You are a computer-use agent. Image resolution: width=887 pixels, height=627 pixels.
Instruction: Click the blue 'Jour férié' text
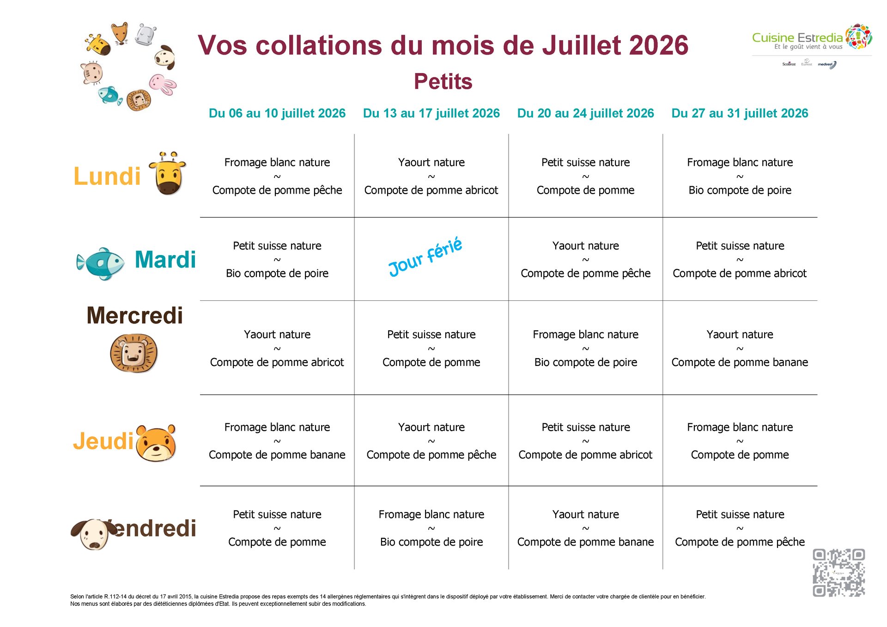[425, 257]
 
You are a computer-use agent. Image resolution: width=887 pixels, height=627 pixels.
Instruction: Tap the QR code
[838, 573]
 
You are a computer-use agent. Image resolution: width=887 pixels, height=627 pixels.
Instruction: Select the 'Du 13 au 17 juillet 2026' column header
[431, 113]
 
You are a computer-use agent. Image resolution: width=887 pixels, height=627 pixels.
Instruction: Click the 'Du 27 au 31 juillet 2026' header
[740, 113]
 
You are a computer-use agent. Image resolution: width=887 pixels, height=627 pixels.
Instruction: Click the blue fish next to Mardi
[101, 263]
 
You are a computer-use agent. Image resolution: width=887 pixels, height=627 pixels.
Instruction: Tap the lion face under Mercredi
[134, 353]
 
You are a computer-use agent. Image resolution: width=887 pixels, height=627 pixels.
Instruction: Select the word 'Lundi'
[107, 177]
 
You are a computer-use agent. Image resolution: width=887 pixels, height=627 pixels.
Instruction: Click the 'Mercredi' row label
[134, 316]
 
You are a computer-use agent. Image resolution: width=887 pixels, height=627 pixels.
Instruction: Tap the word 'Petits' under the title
[443, 81]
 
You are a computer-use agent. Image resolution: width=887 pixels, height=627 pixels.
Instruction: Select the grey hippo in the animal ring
[146, 34]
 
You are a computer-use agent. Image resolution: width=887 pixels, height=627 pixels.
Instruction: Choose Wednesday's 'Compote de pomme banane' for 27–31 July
[740, 362]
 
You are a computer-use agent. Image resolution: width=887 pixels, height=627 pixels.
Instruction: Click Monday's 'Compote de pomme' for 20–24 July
[585, 190]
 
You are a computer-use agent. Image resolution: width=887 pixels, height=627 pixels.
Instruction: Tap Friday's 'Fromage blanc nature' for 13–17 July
[431, 514]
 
